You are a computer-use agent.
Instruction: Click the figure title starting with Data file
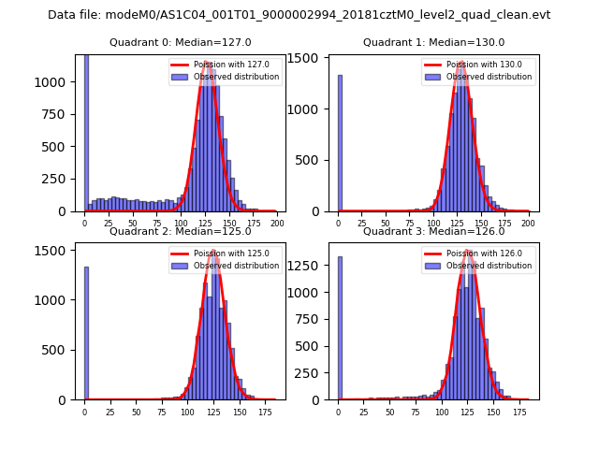point(299,15)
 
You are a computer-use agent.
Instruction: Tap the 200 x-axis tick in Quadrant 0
point(277,224)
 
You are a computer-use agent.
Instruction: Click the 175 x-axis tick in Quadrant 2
point(253,412)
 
